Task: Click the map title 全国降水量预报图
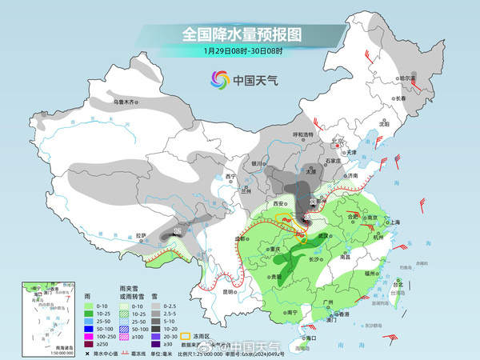point(240,34)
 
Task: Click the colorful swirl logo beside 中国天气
point(218,79)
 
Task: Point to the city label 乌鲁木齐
point(124,102)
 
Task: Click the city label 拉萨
point(142,234)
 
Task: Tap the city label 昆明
point(229,291)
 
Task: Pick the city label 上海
point(393,222)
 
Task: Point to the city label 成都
point(238,238)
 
